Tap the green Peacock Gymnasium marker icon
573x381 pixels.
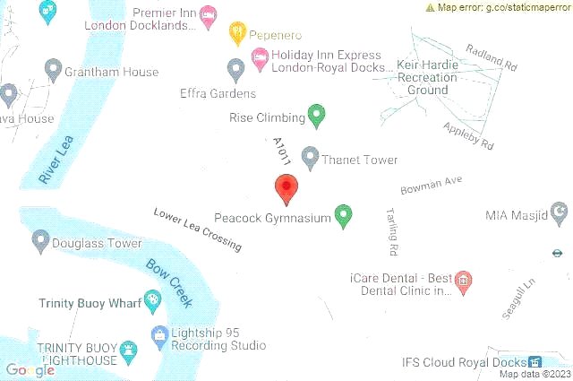pyautogui.click(x=343, y=215)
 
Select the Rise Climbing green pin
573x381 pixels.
pyautogui.click(x=315, y=115)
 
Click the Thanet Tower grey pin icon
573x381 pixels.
pyautogui.click(x=310, y=158)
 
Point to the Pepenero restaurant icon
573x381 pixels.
pyautogui.click(x=237, y=32)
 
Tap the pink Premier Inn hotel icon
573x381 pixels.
pyautogui.click(x=208, y=14)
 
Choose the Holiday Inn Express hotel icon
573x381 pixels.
pyautogui.click(x=259, y=59)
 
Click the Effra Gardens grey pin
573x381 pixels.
pyautogui.click(x=236, y=68)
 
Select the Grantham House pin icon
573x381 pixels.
pyautogui.click(x=53, y=69)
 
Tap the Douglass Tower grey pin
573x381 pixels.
pyautogui.click(x=40, y=240)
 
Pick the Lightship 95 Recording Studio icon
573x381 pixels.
pyautogui.click(x=159, y=336)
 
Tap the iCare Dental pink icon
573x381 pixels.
pyautogui.click(x=463, y=282)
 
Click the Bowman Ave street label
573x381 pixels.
pyautogui.click(x=431, y=185)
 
